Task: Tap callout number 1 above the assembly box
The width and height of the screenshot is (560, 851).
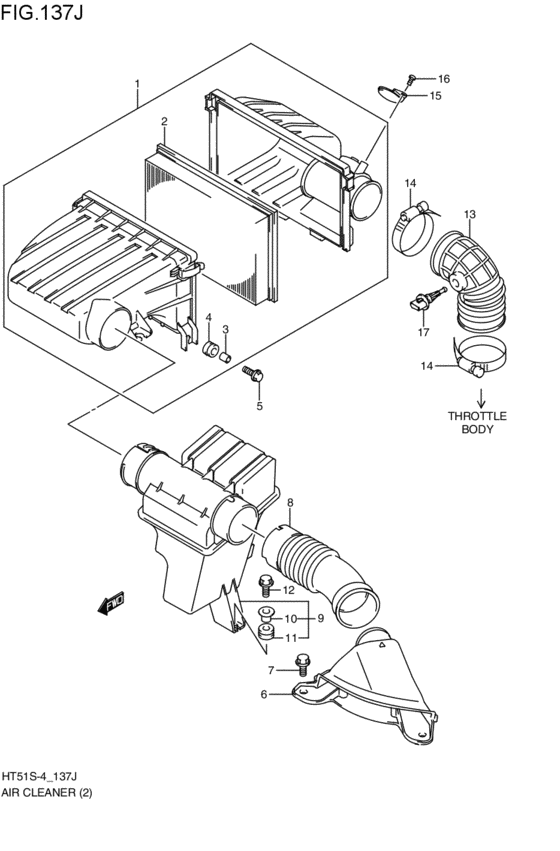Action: coord(137,84)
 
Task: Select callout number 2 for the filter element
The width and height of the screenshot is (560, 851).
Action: coord(163,122)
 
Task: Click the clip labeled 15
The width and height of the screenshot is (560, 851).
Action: coord(391,95)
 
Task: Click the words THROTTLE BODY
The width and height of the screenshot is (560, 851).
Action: coord(478,422)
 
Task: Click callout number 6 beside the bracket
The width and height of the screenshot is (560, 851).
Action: coord(264,694)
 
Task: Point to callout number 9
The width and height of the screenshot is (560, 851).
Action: coord(320,618)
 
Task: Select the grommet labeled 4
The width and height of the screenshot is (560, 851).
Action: coord(212,351)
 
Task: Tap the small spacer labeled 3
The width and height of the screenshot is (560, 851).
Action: coord(227,353)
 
